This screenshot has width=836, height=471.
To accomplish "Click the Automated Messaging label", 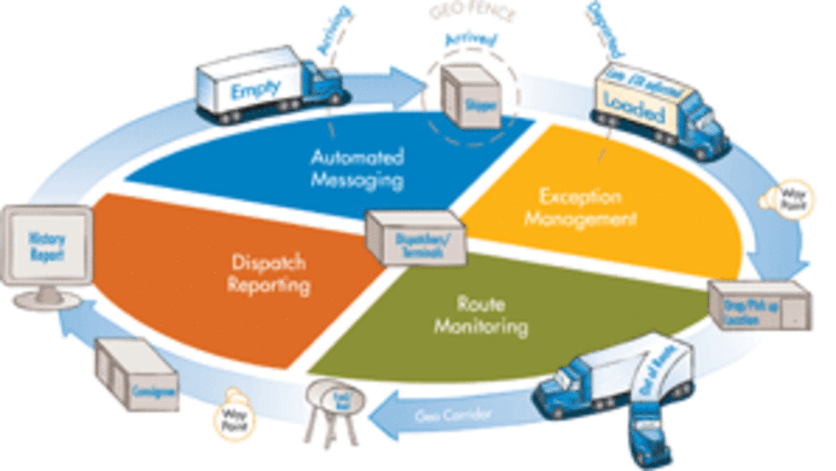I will [357, 169].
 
